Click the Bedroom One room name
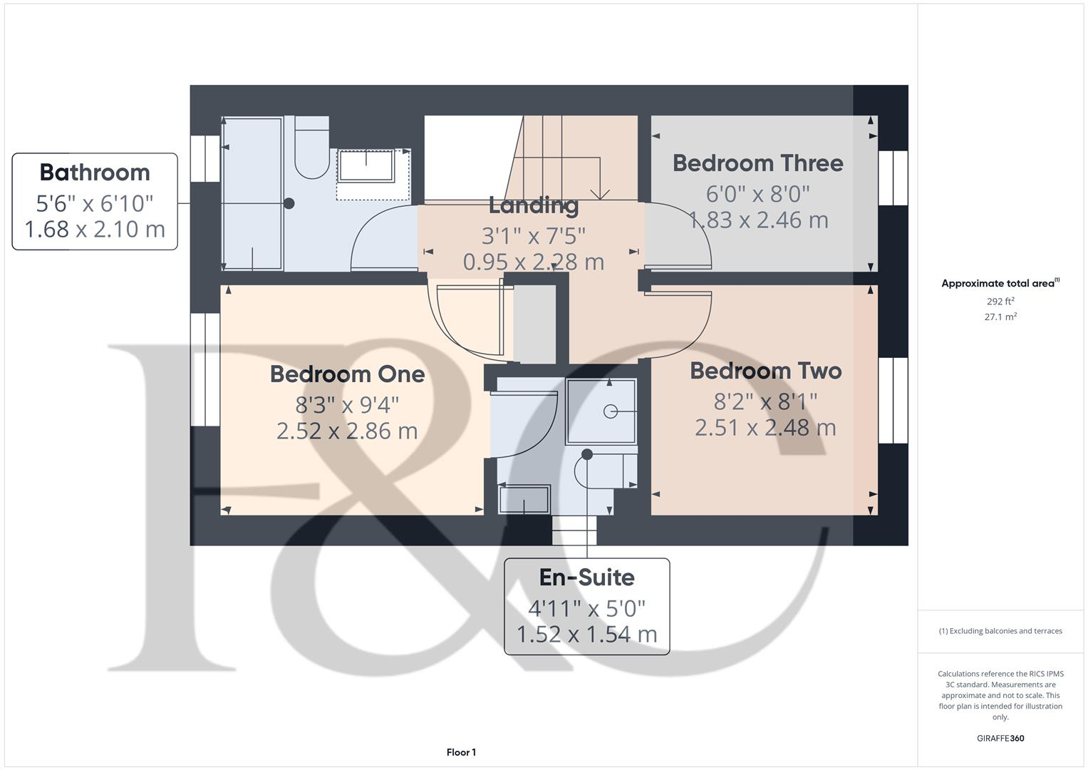tap(347, 374)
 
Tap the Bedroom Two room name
tap(766, 371)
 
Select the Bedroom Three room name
tap(757, 163)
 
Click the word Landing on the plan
tap(533, 205)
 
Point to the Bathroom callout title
tap(95, 173)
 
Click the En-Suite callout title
tap(586, 577)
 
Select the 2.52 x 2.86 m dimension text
tap(347, 431)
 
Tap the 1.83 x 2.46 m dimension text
tap(758, 220)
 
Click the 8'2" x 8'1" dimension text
tap(766, 401)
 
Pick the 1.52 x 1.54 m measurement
tap(586, 634)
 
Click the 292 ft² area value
tap(1000, 302)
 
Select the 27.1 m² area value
tap(1000, 317)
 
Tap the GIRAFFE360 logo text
tap(1000, 738)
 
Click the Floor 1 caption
tap(461, 752)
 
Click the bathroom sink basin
tap(366, 166)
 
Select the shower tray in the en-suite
tap(601, 411)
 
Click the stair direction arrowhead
tap(600, 193)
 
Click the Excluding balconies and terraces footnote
tap(1000, 631)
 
